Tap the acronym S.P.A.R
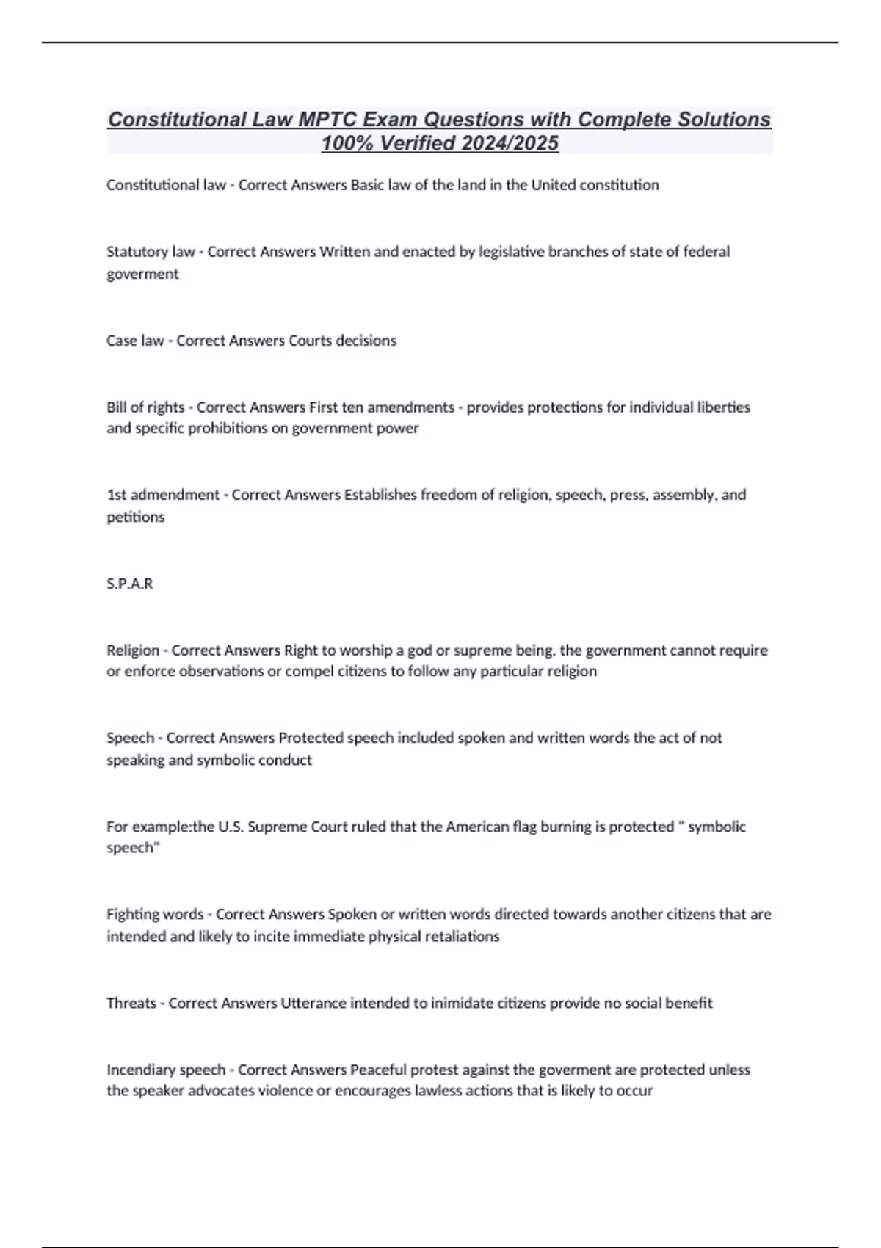click(130, 584)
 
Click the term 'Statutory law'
click(151, 252)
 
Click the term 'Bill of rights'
click(145, 407)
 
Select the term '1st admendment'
click(163, 495)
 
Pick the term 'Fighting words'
click(155, 914)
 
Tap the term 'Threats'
click(131, 1003)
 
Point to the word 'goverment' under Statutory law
click(142, 274)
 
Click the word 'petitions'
click(136, 517)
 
